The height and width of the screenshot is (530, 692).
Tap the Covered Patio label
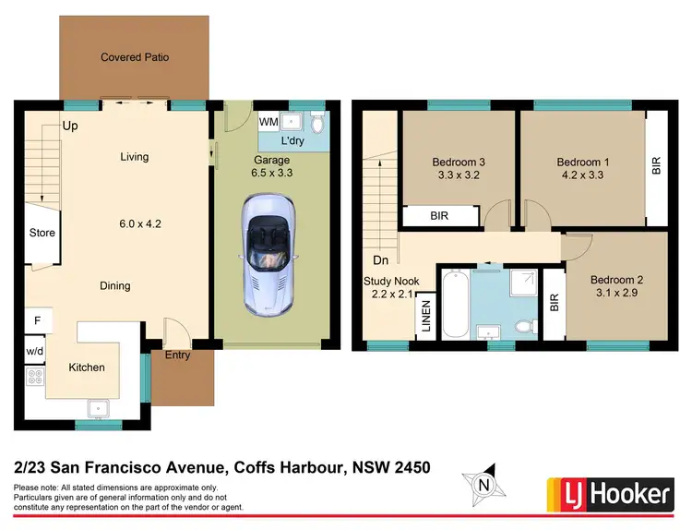coord(135,57)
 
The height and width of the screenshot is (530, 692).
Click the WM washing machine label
coord(268,122)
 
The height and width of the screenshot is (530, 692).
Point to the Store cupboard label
coord(42,233)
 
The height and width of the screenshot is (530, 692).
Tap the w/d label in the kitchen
coord(34,352)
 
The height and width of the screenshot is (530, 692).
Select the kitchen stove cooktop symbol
coord(34,377)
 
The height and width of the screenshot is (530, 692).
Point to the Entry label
coord(178,355)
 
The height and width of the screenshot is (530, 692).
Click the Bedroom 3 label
coord(459,163)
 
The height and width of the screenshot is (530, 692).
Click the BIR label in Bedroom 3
coord(440,217)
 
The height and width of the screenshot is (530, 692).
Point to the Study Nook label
coord(392,281)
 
